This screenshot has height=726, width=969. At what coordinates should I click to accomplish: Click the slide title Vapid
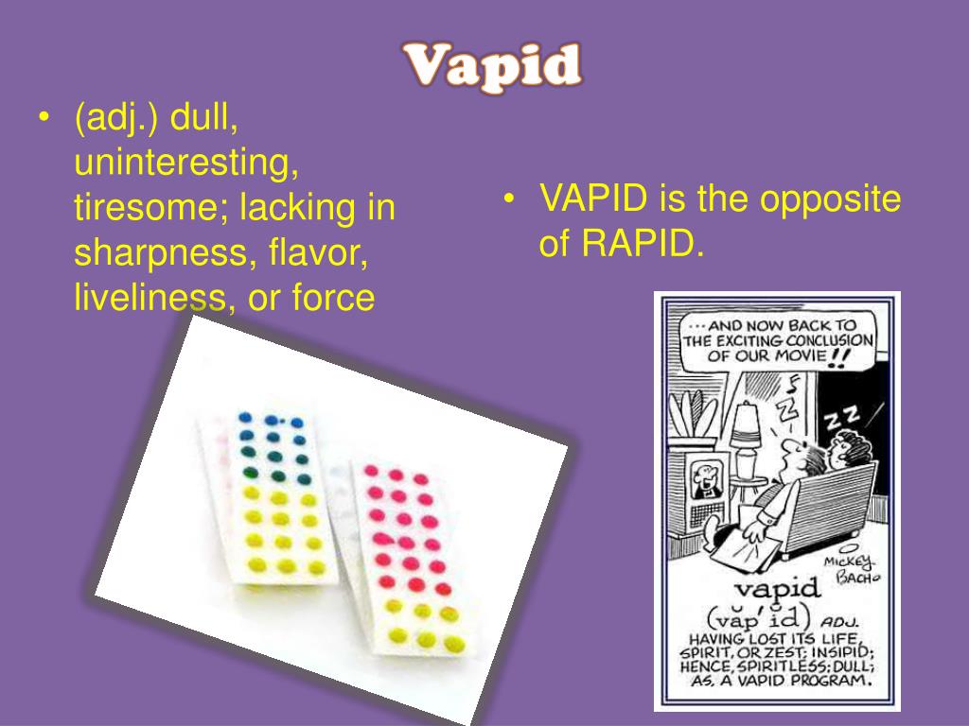point(492,66)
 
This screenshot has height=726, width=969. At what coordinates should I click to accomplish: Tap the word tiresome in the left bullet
point(150,208)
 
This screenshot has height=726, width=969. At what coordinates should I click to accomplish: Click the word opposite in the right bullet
point(832,199)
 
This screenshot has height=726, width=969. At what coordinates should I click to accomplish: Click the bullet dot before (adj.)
point(45,119)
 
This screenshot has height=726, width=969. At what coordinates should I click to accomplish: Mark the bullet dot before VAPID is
point(510,199)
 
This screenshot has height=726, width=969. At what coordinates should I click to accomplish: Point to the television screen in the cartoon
point(704,482)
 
